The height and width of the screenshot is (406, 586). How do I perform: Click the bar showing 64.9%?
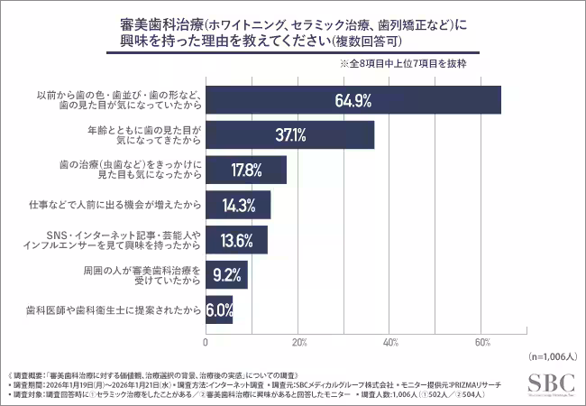(x=353, y=101)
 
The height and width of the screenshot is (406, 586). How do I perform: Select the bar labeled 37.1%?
(x=290, y=135)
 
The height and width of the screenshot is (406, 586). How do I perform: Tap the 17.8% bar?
(x=246, y=170)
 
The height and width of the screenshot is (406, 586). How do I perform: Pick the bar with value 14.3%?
(x=238, y=205)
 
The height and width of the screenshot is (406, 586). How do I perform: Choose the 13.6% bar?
(x=236, y=239)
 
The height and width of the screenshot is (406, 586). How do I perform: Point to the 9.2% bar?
(x=226, y=274)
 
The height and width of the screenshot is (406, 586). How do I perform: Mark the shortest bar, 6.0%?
(x=219, y=309)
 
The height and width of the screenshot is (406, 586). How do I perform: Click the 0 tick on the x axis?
(x=206, y=342)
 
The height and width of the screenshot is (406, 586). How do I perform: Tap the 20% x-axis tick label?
(x=298, y=342)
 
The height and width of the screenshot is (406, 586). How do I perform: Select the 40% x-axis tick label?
(x=390, y=342)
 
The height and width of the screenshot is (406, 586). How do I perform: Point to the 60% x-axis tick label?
(x=482, y=342)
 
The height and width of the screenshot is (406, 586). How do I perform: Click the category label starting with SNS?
(x=144, y=239)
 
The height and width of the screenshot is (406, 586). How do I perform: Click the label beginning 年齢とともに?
(x=153, y=135)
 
